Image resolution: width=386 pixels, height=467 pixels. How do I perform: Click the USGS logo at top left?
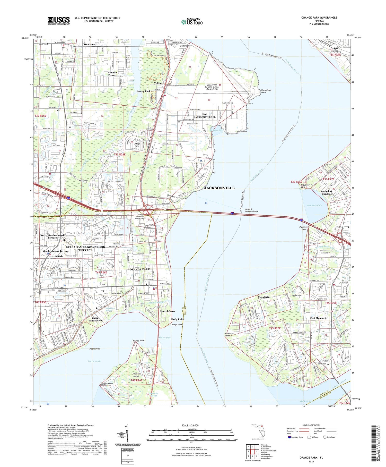coord(59,21)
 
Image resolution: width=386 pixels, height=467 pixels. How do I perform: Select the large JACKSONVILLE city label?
coord(219,188)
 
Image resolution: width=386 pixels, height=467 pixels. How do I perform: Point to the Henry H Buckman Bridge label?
coord(251,210)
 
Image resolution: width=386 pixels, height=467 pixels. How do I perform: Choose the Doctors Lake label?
coord(94,361)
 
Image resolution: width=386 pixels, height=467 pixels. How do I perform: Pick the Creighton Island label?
coord(137,375)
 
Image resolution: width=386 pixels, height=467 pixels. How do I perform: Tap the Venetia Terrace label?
coord(112,74)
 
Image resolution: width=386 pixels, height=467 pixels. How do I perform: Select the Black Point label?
coord(242,132)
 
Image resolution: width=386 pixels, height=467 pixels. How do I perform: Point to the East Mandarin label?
coord(319,318)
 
